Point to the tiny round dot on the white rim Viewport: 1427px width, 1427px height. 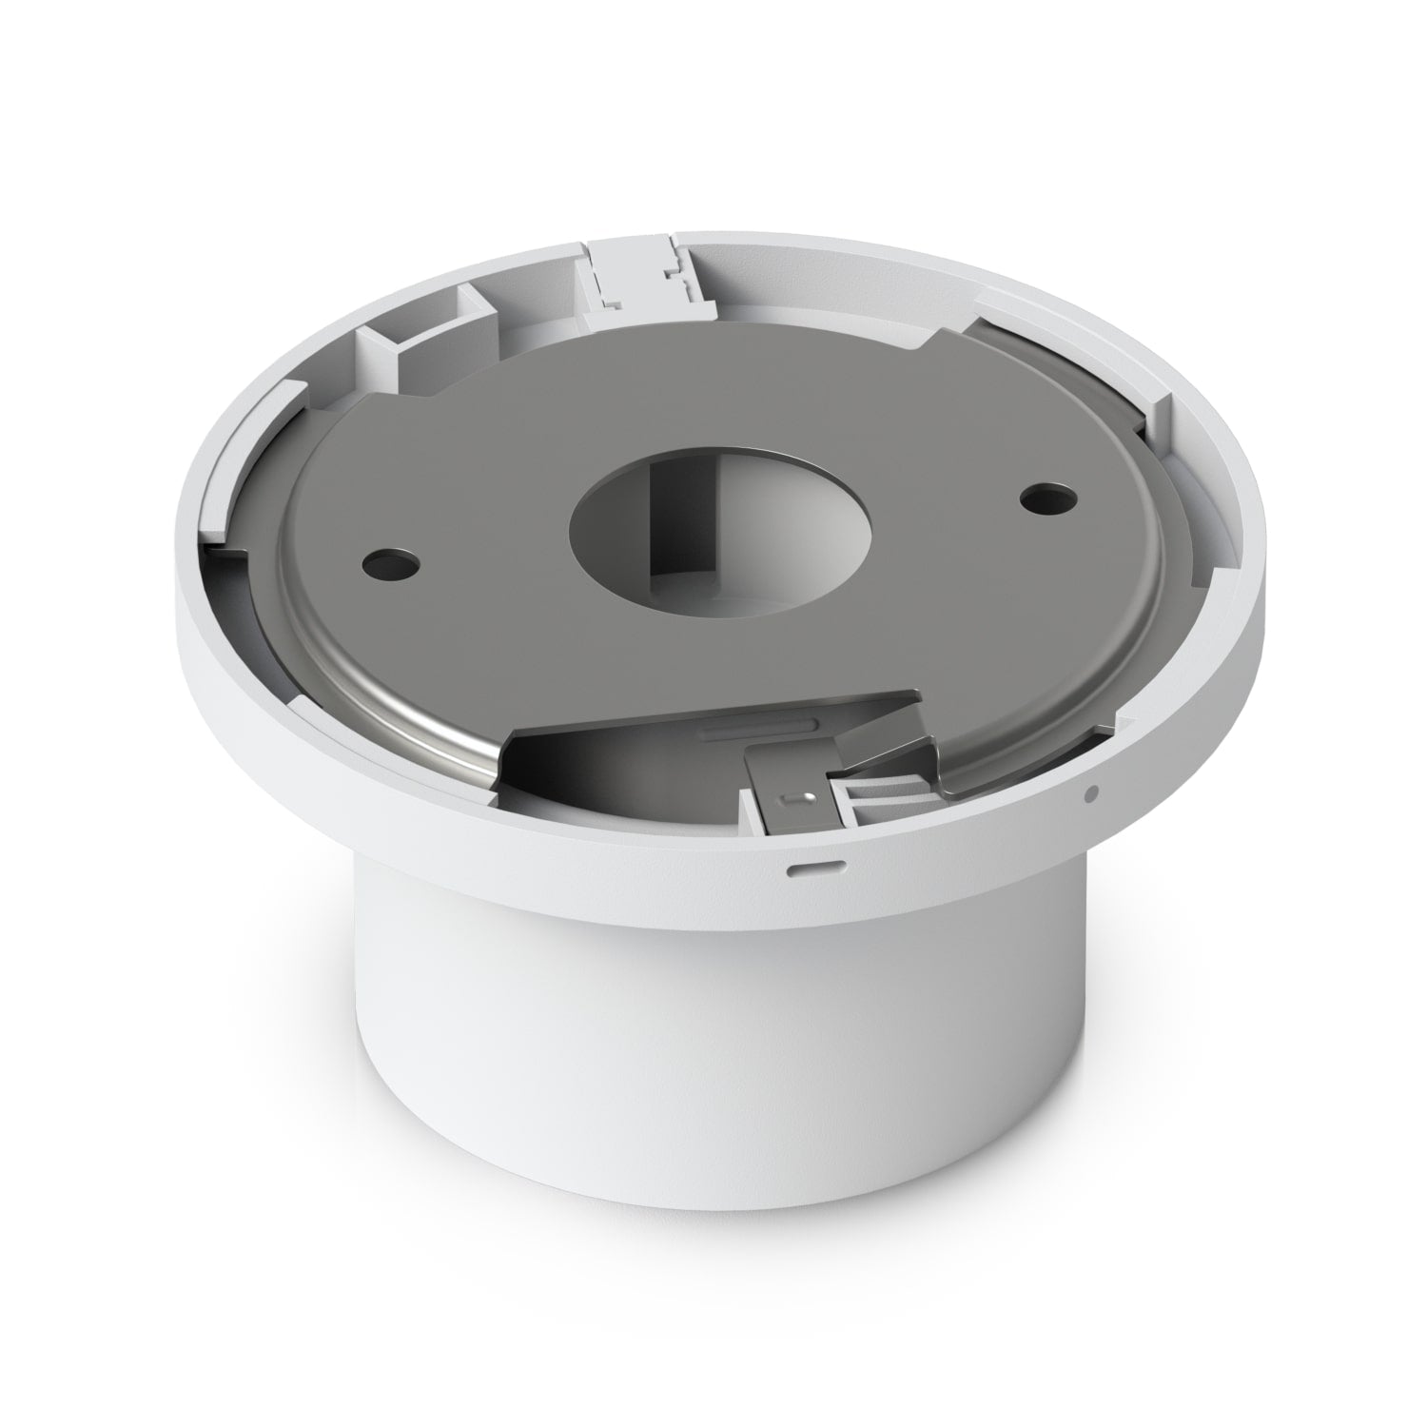pos(1091,790)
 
